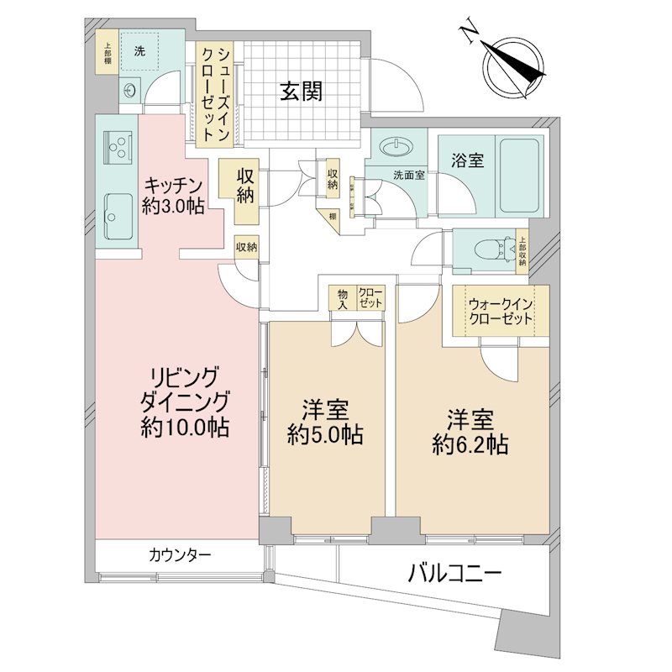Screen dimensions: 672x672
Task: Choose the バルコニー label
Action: click(x=455, y=575)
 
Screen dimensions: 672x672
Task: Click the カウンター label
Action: click(x=179, y=555)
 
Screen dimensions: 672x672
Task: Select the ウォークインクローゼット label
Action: click(x=501, y=312)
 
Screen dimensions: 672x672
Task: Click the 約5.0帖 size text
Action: click(x=325, y=435)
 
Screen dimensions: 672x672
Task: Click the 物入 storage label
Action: click(x=343, y=297)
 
